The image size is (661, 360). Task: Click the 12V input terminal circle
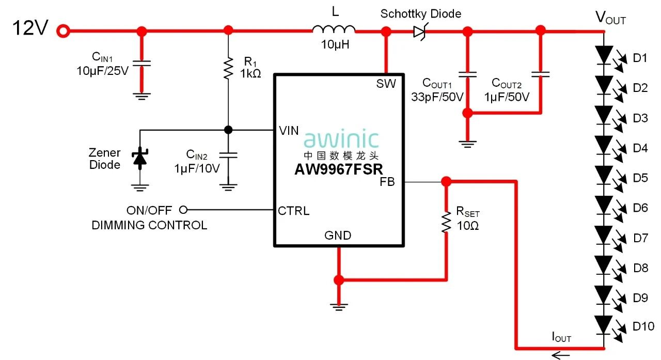pyautogui.click(x=63, y=31)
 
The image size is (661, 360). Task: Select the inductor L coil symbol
pyautogui.click(x=334, y=30)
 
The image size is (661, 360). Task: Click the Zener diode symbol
pyautogui.click(x=139, y=157)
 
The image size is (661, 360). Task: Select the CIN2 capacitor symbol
pyautogui.click(x=228, y=153)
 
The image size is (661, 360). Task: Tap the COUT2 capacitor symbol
pyautogui.click(x=541, y=74)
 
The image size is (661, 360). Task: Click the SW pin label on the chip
pyautogui.click(x=386, y=84)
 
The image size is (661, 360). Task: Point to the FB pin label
pyautogui.click(x=387, y=182)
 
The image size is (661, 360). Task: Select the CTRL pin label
pyautogui.click(x=293, y=211)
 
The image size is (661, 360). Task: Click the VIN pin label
pyautogui.click(x=289, y=131)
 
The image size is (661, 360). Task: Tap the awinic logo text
pyautogui.click(x=341, y=139)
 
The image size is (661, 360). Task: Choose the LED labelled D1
pyautogui.click(x=604, y=55)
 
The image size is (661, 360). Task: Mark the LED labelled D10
pyautogui.click(x=604, y=324)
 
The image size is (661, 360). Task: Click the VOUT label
pyautogui.click(x=610, y=18)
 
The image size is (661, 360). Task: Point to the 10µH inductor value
pyautogui.click(x=335, y=45)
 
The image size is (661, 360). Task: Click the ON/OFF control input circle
pyautogui.click(x=182, y=210)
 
